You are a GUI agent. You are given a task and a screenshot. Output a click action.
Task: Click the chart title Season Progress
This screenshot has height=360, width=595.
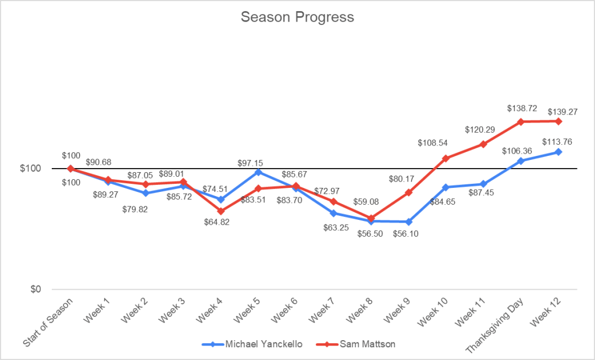[x=297, y=17]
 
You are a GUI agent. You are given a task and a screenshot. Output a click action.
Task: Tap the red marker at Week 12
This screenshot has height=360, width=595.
[x=558, y=121]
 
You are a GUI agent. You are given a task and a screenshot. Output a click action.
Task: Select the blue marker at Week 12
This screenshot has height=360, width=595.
[x=558, y=152]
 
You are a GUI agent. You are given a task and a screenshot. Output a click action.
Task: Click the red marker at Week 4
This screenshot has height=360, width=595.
[x=221, y=211]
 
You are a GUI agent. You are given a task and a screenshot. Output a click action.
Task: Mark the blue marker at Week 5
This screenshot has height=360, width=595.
[x=258, y=172]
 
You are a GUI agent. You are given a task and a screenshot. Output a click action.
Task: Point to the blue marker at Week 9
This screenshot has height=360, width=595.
[x=409, y=222]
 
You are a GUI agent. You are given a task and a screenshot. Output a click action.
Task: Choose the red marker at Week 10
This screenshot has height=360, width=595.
[x=446, y=158]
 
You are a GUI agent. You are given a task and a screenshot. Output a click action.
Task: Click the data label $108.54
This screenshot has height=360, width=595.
[x=433, y=142]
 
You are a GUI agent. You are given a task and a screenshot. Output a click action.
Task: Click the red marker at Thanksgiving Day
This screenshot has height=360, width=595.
[x=521, y=122]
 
